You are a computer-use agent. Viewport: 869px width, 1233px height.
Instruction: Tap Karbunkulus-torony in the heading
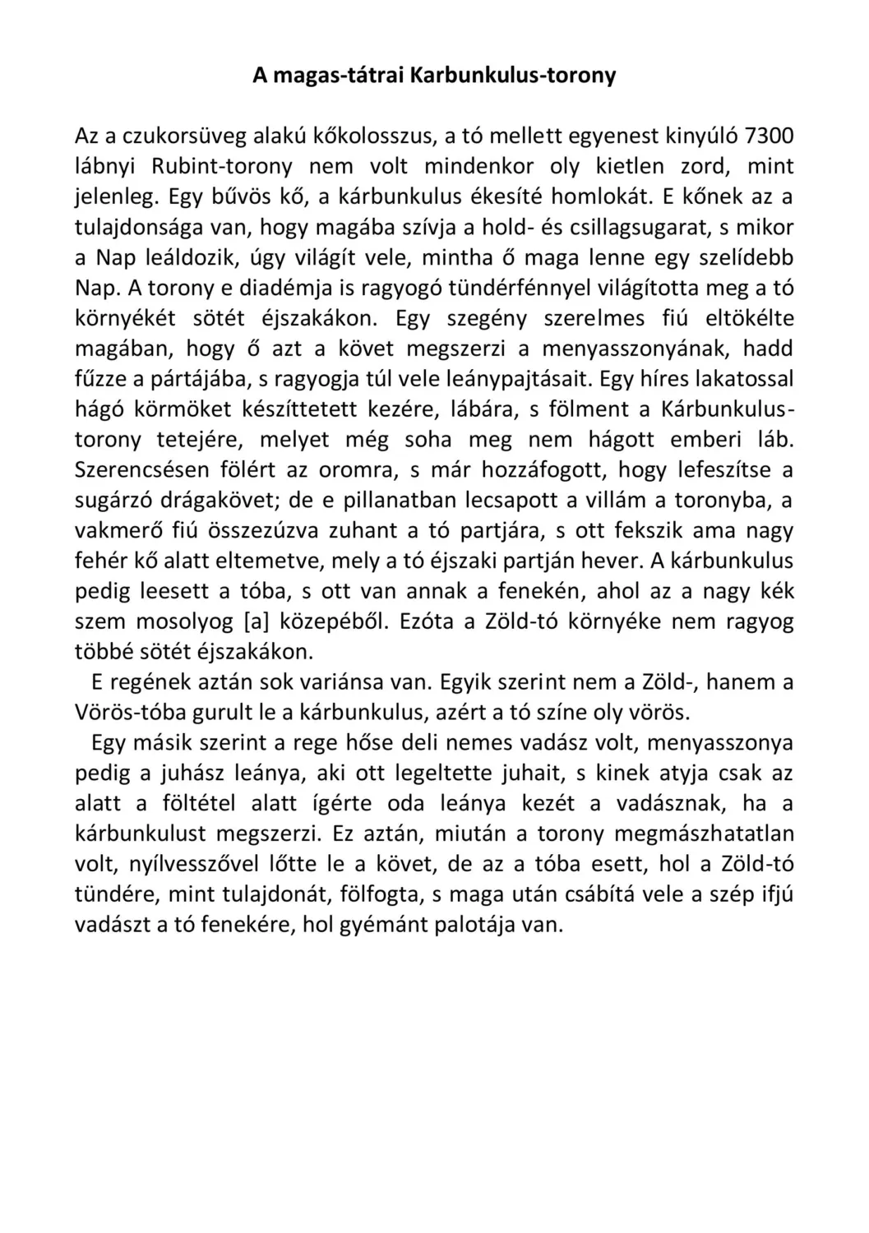513,76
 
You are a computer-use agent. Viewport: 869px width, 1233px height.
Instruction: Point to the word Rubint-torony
222,167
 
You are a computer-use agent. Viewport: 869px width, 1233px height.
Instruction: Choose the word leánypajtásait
519,380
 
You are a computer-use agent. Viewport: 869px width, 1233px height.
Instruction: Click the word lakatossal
745,380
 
